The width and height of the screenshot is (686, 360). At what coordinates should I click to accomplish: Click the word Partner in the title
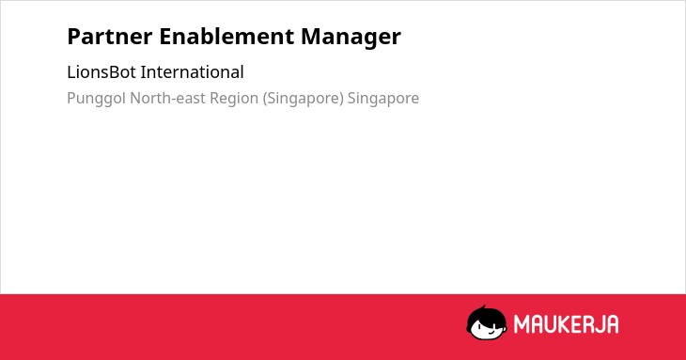[x=110, y=37]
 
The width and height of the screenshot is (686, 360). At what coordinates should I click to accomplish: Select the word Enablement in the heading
[x=226, y=37]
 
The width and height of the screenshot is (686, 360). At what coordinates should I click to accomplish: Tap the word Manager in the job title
[x=351, y=38]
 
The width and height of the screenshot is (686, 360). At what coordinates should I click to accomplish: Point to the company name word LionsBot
[x=101, y=72]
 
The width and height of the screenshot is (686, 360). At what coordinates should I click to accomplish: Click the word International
[x=192, y=72]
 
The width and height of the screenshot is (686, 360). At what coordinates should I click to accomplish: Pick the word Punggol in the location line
[x=96, y=99]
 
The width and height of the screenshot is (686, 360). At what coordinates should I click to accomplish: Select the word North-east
[x=167, y=99]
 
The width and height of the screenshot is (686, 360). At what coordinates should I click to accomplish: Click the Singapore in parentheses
[x=304, y=99]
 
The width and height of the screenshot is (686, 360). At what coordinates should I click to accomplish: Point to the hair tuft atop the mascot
[x=484, y=307]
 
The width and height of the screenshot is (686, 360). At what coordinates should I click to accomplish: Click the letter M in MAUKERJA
[x=522, y=324]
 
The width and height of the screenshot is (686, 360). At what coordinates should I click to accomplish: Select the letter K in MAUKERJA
[x=564, y=324]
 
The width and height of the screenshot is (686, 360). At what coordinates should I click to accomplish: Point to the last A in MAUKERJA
[x=612, y=324]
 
